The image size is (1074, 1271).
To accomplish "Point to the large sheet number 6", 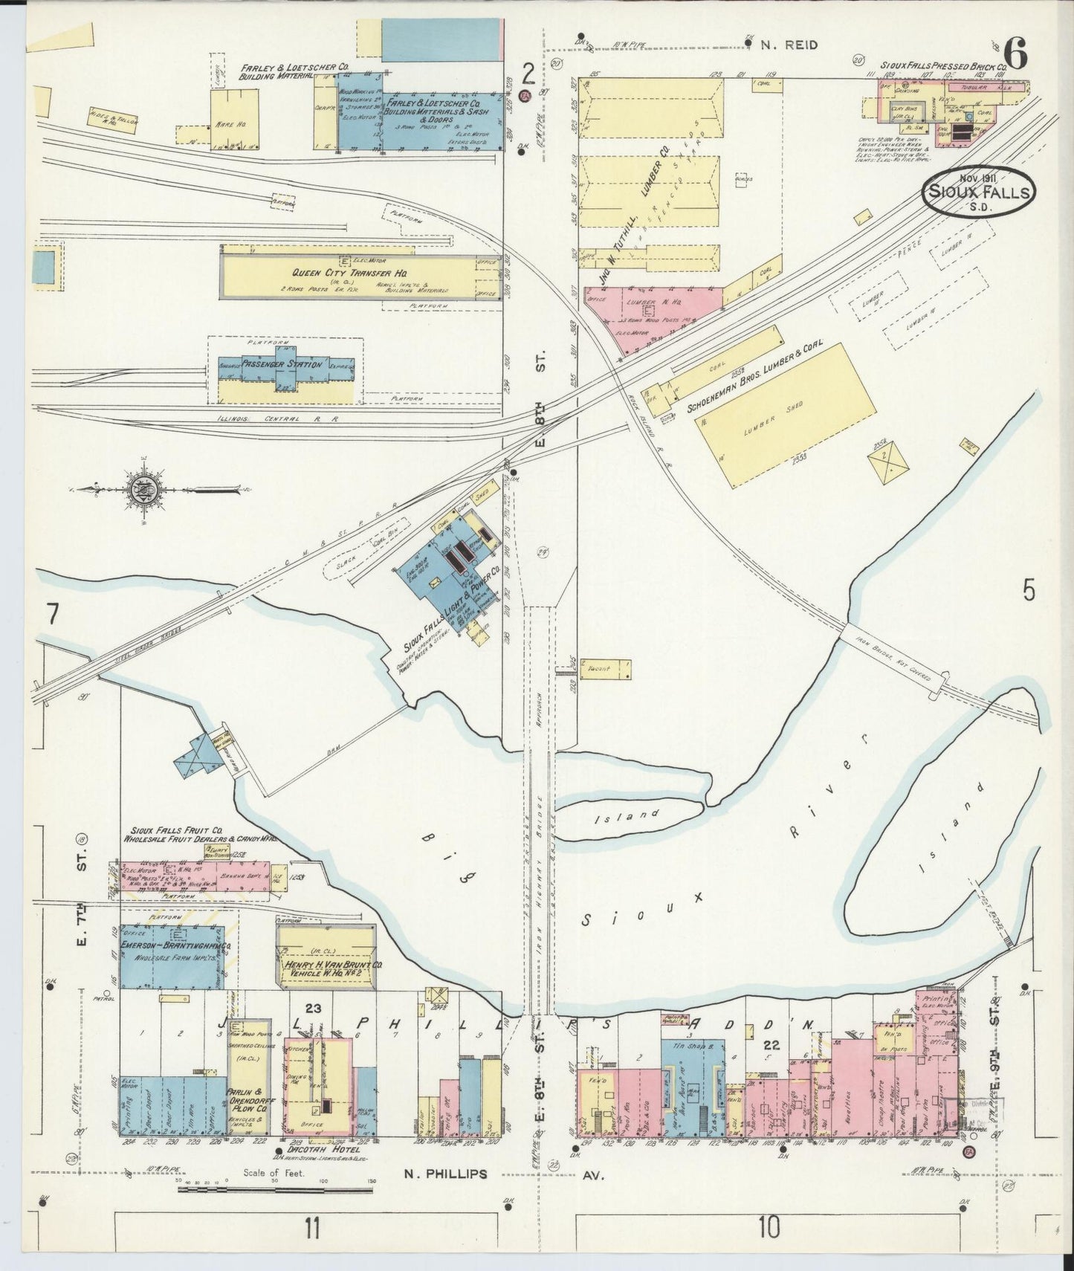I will click(x=1015, y=53).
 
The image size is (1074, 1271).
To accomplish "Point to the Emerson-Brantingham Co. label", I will click(x=170, y=949).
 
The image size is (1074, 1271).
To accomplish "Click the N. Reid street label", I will click(x=789, y=45).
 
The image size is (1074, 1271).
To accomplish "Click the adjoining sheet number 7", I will click(x=51, y=615).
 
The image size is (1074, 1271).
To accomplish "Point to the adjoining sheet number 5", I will click(x=1029, y=591).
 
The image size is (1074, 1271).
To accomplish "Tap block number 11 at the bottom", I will click(x=311, y=1229).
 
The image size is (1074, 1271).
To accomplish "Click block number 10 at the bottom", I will click(x=769, y=1229).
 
